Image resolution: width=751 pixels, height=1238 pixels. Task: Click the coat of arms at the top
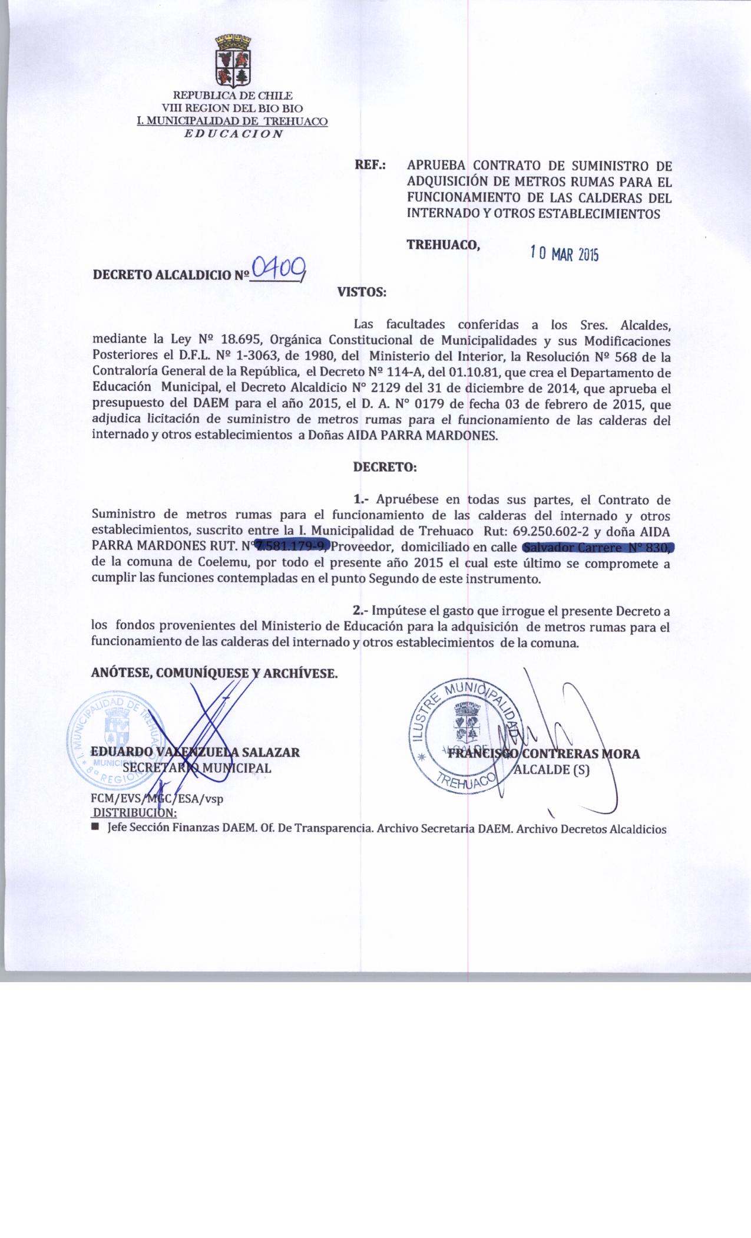[233, 60]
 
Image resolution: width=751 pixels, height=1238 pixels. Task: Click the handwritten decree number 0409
[278, 270]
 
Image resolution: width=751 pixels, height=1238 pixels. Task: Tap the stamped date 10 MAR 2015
[564, 254]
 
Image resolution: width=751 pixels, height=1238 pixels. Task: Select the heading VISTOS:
[361, 292]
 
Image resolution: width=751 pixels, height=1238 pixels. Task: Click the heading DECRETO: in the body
[385, 467]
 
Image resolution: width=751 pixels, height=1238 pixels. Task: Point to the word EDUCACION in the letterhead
[233, 133]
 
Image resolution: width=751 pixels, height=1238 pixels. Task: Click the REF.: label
[370, 166]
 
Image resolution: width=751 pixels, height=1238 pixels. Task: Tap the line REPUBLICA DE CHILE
[232, 96]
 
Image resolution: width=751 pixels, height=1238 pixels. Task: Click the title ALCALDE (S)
[551, 770]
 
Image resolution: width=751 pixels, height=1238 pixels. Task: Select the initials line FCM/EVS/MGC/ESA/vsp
[157, 799]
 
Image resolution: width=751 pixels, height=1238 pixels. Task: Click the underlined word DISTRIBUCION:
[135, 813]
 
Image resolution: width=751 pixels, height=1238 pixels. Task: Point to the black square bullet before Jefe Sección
[95, 829]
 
